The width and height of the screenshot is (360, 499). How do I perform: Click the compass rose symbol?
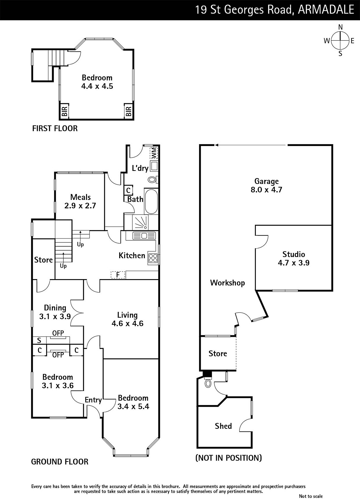point(340,40)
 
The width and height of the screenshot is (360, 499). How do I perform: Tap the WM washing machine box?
point(154,153)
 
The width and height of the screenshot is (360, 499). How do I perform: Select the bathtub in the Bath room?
point(151,201)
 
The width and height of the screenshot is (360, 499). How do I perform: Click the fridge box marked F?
point(118,275)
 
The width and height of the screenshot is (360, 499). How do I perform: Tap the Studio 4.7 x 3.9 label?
point(294,259)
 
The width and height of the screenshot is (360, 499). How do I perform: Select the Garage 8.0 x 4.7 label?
point(266,185)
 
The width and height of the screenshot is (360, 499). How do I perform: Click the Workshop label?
point(227,283)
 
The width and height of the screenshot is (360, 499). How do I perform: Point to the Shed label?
point(223,426)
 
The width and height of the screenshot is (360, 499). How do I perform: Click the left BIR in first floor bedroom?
point(64,111)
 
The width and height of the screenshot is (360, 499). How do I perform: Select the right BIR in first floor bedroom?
point(128,111)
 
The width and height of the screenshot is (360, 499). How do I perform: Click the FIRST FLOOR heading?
point(55,128)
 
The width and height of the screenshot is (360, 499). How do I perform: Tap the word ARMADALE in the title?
point(326,10)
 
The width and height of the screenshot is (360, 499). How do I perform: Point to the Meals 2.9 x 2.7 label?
point(80,201)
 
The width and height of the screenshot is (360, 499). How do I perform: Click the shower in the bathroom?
point(140,222)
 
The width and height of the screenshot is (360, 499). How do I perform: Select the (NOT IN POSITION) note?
point(229,458)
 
